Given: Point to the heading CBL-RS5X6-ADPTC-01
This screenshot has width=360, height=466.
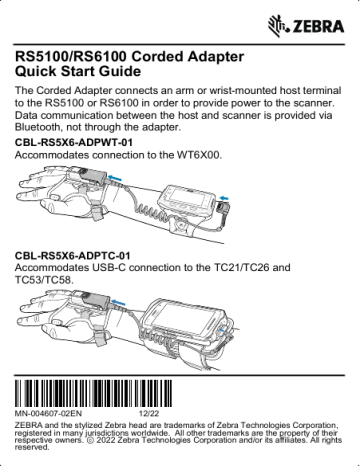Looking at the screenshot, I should pyautogui.click(x=73, y=256).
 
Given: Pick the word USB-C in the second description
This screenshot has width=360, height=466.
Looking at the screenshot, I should pyautogui.click(x=124, y=269).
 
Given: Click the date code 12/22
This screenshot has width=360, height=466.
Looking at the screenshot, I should pyautogui.click(x=149, y=412).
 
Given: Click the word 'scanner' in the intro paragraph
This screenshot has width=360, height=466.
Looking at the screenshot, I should pyautogui.click(x=321, y=104).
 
